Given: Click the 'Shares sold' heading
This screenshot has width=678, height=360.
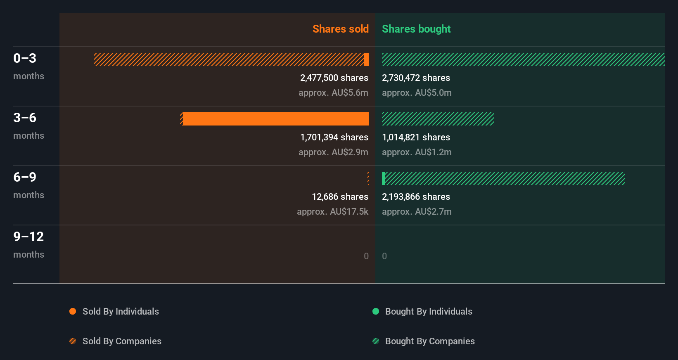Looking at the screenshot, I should (340, 29).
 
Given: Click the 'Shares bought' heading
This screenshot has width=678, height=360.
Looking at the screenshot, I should (416, 29).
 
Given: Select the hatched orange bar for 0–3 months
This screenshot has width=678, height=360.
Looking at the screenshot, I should (229, 59).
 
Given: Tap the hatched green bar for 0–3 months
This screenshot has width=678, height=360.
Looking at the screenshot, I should (523, 59).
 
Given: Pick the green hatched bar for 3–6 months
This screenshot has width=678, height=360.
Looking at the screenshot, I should (438, 119).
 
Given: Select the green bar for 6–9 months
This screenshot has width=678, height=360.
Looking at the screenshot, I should (504, 178).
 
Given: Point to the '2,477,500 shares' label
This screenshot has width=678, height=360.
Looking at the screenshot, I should (334, 78).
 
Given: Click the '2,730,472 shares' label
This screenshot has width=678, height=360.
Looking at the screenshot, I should (416, 78).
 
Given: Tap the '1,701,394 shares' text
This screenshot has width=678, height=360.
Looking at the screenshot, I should (334, 137).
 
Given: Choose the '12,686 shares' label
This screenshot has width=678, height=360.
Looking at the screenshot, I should (340, 197).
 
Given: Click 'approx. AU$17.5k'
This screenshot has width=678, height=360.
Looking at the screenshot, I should (332, 211).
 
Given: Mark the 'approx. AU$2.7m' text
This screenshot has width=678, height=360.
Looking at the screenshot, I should (417, 211).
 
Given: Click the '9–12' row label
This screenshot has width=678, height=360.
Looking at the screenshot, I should (28, 237).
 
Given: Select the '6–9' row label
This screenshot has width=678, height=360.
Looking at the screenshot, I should (25, 177).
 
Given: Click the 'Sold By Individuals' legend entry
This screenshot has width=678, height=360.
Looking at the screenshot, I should (120, 311).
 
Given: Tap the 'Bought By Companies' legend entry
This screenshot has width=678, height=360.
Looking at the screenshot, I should (429, 341).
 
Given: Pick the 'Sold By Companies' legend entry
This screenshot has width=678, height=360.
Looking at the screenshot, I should (121, 341).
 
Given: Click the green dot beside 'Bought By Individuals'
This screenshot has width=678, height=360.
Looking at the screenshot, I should (376, 311).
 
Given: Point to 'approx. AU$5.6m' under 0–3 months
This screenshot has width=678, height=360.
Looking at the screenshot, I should (333, 92).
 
